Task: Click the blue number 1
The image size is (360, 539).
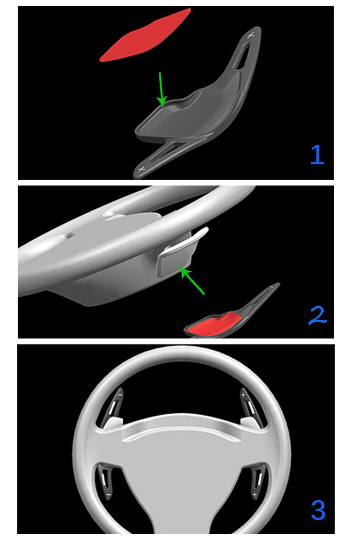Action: point(317,155)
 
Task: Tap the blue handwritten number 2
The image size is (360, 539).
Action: point(318,315)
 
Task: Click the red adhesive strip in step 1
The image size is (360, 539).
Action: point(145,35)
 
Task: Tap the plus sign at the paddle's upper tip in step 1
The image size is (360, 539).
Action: point(251,35)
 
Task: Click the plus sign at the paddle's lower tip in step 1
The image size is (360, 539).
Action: point(141,169)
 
